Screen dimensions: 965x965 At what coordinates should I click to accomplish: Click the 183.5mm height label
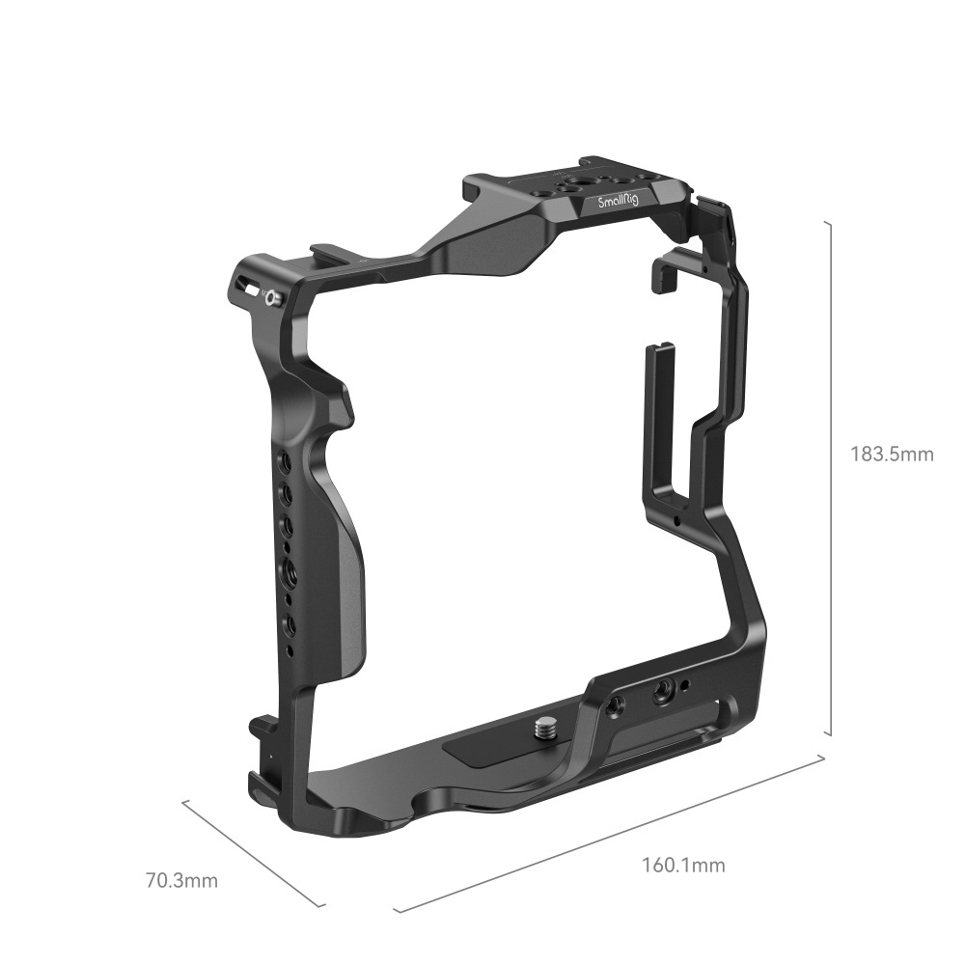pos(892,455)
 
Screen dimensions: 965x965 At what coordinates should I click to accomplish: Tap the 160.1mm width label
pos(684,865)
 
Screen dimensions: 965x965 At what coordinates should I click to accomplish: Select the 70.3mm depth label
pos(182,880)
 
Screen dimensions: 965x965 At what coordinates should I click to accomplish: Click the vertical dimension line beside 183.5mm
pos(830,479)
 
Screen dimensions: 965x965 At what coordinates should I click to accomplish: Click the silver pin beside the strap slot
pos(273,297)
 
